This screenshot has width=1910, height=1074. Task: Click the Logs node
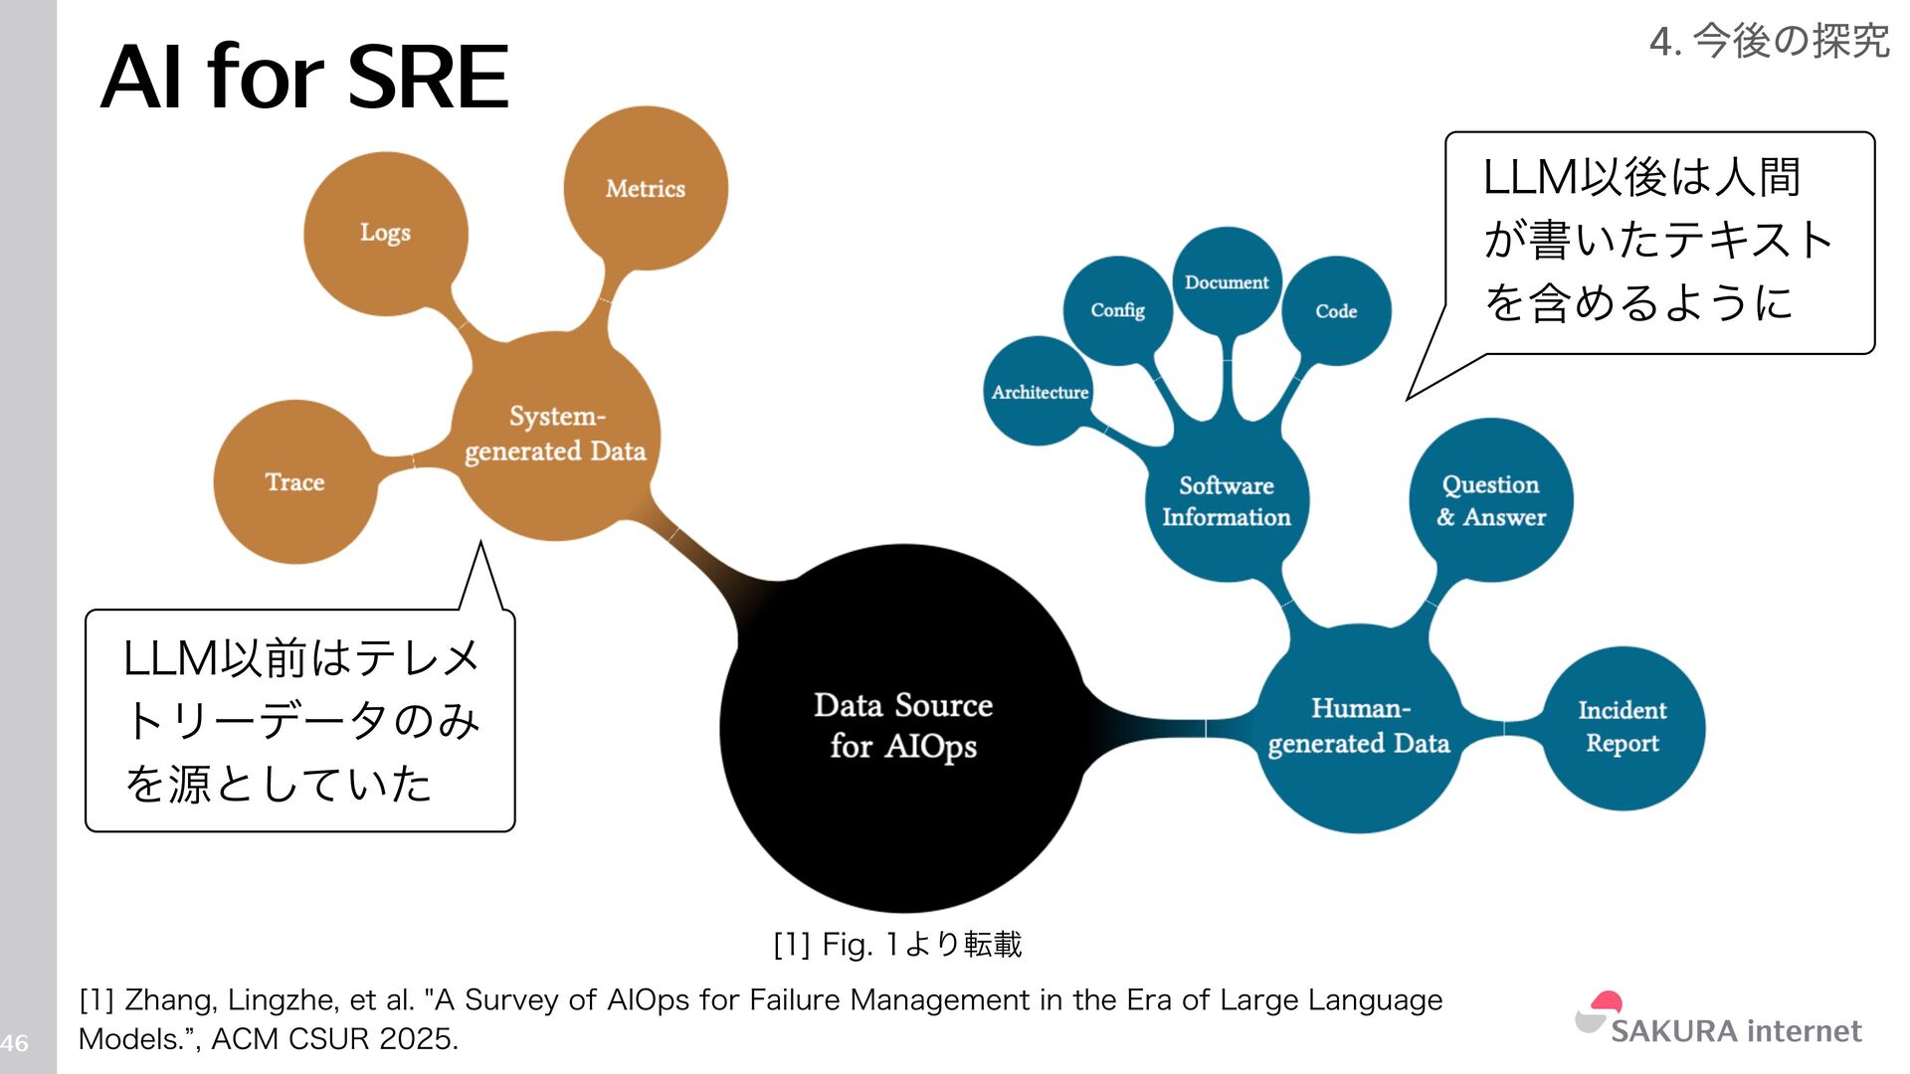(x=385, y=234)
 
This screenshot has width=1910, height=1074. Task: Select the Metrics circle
(x=646, y=189)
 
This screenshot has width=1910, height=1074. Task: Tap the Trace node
(x=295, y=482)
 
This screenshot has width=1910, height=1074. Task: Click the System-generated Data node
(x=555, y=435)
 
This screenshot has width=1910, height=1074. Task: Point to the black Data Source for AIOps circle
(x=903, y=727)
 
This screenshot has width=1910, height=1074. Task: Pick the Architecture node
(x=1040, y=393)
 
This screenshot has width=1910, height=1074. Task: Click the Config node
(x=1117, y=310)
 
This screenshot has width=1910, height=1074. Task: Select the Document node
(x=1227, y=282)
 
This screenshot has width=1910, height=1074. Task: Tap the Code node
(x=1336, y=311)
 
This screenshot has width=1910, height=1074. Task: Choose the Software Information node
(x=1227, y=501)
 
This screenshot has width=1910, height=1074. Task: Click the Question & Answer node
(x=1490, y=500)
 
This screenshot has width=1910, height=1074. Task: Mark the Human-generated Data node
(x=1359, y=727)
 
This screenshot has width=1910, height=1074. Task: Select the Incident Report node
(x=1623, y=727)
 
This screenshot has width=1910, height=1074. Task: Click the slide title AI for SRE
(x=304, y=78)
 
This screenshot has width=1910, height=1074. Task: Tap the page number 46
(x=15, y=1043)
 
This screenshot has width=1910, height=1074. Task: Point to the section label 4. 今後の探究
(x=1769, y=42)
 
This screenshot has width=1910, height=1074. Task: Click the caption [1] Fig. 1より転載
(x=897, y=944)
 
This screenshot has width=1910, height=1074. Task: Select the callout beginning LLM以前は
(x=300, y=721)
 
